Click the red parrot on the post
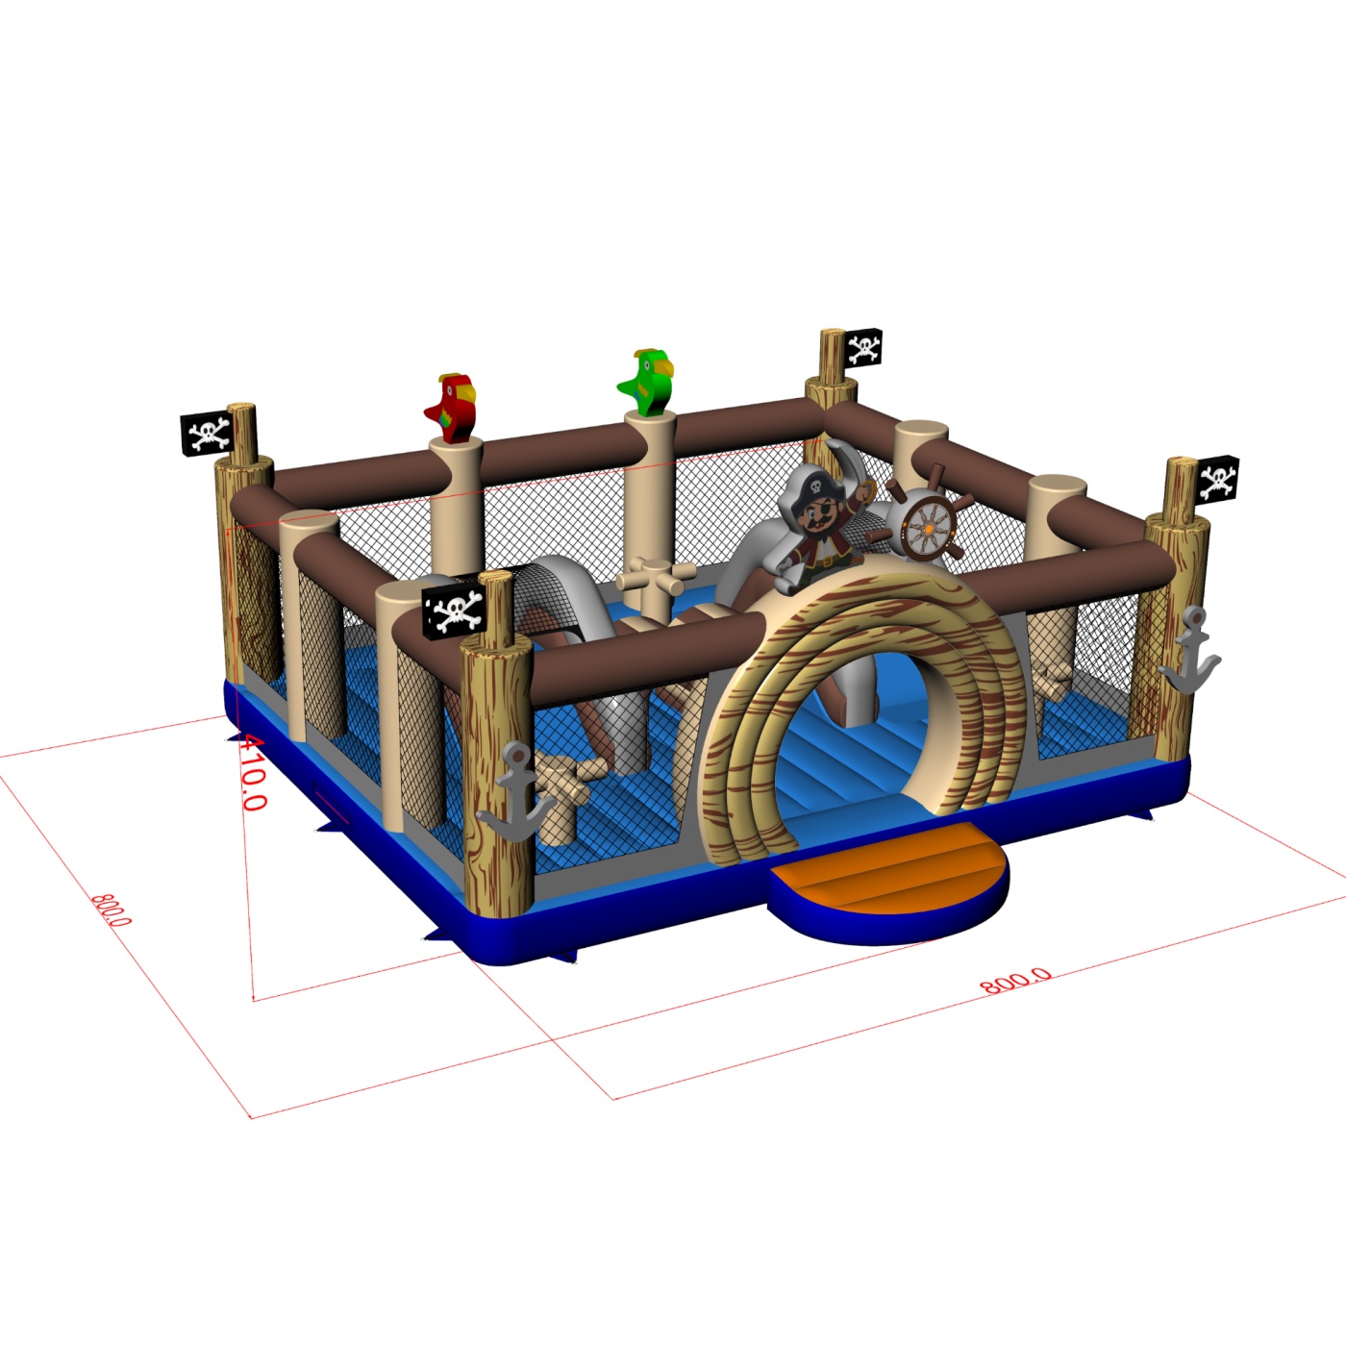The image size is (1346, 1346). [x=451, y=409]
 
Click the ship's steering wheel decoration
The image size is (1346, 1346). [x=926, y=528]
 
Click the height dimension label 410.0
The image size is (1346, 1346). [x=252, y=772]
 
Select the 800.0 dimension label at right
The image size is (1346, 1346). [x=1016, y=981]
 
